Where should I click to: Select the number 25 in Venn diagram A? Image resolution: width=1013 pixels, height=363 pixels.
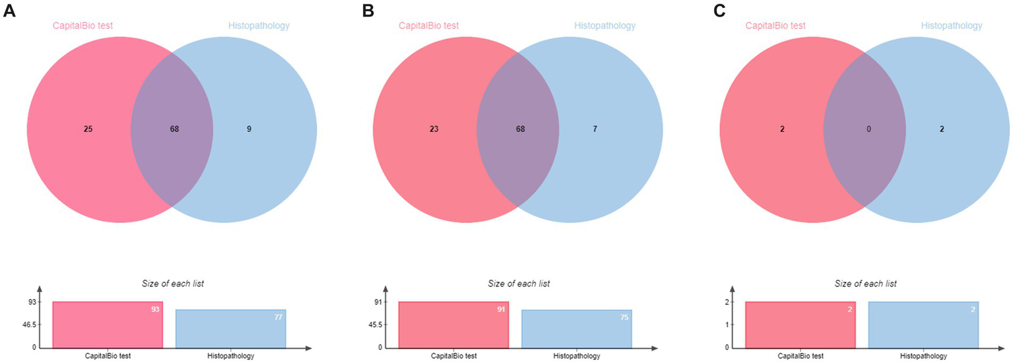tap(88, 129)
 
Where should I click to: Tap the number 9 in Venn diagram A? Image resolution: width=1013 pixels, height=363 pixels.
tap(249, 129)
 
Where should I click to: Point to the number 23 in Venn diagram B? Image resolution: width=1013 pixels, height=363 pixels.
tap(434, 129)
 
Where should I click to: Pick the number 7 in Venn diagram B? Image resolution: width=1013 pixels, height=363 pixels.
tap(595, 129)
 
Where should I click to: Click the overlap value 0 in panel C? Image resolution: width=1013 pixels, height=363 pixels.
tap(869, 129)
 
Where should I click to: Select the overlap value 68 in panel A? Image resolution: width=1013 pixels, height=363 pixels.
tap(174, 129)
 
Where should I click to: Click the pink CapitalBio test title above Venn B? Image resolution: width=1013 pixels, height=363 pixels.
tap(428, 26)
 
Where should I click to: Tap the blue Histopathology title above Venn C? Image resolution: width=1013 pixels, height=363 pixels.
tap(952, 26)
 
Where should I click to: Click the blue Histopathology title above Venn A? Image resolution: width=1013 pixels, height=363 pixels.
tap(259, 26)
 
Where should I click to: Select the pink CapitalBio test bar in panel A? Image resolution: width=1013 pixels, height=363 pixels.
tap(108, 324)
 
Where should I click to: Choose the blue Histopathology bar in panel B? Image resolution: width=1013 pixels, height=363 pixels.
tap(576, 329)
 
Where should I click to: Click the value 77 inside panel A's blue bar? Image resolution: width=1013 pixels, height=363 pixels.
tap(278, 317)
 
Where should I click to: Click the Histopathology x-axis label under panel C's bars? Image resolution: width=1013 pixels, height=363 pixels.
tap(923, 356)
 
